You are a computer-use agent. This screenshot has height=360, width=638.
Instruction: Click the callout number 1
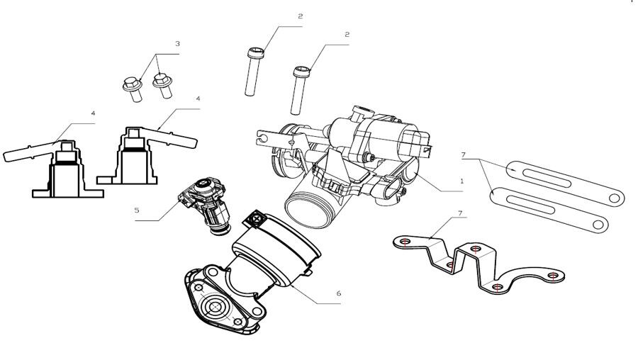tap(461, 181)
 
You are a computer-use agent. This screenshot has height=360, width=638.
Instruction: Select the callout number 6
tap(338, 293)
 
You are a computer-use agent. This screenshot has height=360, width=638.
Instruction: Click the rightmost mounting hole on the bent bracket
tap(554, 275)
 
